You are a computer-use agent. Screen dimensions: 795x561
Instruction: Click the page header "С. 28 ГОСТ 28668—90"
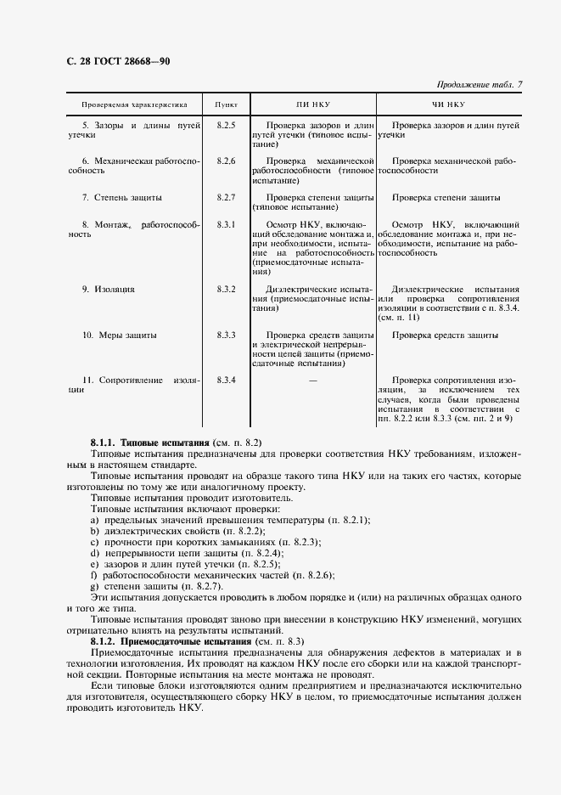click(119, 60)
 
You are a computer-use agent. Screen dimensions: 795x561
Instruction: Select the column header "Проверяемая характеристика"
click(134, 105)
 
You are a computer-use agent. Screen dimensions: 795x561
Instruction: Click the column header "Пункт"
click(226, 105)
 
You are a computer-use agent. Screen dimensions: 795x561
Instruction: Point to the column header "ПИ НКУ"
click(313, 105)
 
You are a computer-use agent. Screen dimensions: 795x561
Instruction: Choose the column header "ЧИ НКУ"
click(449, 105)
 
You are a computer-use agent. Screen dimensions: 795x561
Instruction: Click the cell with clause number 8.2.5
click(226, 125)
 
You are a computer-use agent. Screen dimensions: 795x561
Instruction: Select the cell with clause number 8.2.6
click(226, 161)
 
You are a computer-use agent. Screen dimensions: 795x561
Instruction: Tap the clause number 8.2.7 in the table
click(226, 197)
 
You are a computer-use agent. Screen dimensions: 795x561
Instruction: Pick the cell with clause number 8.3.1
click(226, 224)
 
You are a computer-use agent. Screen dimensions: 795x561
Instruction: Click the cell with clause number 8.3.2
click(226, 290)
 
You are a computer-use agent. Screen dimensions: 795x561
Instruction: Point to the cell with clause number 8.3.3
click(226, 335)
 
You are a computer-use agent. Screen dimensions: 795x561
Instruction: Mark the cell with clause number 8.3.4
click(226, 380)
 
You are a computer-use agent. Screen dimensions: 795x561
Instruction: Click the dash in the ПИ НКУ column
click(313, 380)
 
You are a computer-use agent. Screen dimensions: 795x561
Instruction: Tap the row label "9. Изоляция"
click(108, 290)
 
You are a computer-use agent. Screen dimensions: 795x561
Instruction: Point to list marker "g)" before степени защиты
click(95, 586)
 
